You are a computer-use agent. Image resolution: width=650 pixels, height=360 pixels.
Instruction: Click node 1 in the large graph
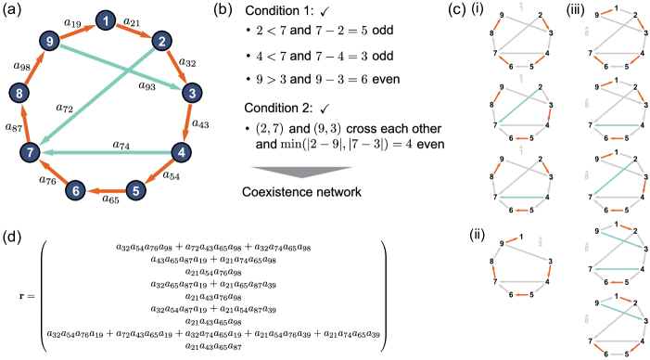(106, 20)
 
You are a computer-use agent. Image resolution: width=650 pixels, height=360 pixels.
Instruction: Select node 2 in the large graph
(161, 41)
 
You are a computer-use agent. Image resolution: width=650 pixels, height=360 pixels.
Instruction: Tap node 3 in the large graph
(191, 93)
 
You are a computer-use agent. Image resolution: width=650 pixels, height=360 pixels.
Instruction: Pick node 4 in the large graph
(182, 152)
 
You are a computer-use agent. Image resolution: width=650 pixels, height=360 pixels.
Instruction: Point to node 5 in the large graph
(135, 191)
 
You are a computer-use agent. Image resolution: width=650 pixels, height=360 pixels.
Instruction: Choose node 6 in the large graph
(76, 190)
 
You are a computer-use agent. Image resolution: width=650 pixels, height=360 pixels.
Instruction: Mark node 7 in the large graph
(30, 152)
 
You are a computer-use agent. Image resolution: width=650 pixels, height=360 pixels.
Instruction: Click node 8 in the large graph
(19, 93)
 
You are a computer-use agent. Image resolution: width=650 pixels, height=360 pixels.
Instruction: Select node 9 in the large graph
(49, 41)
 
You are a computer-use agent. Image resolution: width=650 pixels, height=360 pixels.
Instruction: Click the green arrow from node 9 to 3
(121, 67)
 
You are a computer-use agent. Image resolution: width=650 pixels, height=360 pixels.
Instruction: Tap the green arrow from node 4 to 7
(106, 152)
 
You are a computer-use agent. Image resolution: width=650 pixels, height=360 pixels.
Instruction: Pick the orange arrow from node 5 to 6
(106, 191)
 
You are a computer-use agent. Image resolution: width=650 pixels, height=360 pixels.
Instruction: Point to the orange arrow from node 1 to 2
(134, 31)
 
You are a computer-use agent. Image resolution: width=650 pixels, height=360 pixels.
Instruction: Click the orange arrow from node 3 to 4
(186, 122)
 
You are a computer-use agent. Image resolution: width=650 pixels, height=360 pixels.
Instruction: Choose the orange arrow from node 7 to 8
(24, 122)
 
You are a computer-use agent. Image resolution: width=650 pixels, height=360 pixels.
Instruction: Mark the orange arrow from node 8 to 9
(33, 67)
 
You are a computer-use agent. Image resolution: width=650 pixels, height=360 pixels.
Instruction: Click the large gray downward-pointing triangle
(302, 171)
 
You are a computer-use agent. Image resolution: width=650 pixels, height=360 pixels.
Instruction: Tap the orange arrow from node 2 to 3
(176, 67)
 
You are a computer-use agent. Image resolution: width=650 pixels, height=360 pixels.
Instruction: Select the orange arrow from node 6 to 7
(53, 172)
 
